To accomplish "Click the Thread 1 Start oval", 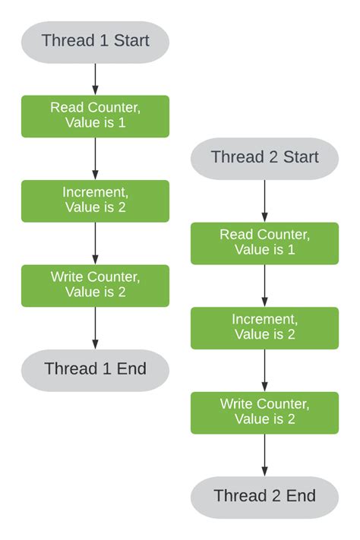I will click(x=95, y=41).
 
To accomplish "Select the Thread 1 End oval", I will click(x=95, y=370).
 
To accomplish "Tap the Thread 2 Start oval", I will click(x=264, y=157).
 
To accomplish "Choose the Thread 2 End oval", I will click(x=264, y=497).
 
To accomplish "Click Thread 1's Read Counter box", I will click(x=95, y=115).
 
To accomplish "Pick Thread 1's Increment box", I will click(x=95, y=201).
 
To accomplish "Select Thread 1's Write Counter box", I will click(x=95, y=285).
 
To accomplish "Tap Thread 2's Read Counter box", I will click(x=264, y=243).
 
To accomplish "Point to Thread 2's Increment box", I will click(x=264, y=327).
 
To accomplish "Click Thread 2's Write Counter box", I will click(x=264, y=412).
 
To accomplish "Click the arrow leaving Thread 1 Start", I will click(x=95, y=78).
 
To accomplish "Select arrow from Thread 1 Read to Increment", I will click(x=95, y=158).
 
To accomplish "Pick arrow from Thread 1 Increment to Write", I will click(x=95, y=243).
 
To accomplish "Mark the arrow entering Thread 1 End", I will click(x=95, y=327).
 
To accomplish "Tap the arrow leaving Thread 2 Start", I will click(x=264, y=200).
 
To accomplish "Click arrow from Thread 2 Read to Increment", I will click(x=264, y=286).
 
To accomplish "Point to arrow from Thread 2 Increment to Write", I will click(x=264, y=370).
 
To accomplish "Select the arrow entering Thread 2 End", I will click(x=264, y=455).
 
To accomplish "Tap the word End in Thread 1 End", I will click(x=131, y=370).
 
